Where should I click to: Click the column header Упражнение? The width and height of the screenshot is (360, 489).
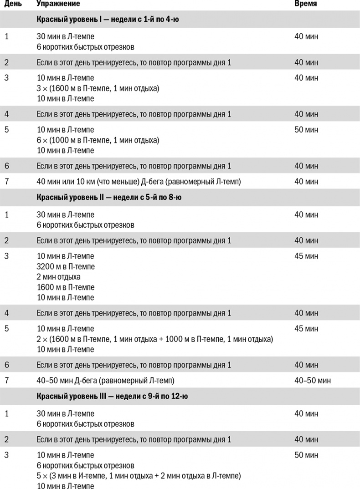[58, 4]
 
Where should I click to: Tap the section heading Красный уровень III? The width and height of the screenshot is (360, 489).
[112, 396]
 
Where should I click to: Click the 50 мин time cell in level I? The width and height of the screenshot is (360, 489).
[306, 130]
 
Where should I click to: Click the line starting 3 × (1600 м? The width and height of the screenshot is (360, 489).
[98, 88]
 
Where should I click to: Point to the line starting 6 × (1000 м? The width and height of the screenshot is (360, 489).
[98, 140]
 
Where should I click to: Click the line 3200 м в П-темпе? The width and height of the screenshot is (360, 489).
[66, 267]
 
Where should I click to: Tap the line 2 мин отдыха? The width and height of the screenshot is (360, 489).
[58, 277]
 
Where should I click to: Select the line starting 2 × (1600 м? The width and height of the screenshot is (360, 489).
[154, 339]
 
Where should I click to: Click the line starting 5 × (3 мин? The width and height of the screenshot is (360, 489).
[139, 476]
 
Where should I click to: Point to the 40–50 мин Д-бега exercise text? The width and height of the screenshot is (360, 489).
[105, 380]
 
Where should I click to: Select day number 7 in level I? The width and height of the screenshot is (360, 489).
[6, 182]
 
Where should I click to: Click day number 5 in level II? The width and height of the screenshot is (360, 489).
[6, 329]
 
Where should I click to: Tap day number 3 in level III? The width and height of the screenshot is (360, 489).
[6, 455]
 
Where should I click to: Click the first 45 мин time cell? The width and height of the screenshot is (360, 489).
[306, 256]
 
